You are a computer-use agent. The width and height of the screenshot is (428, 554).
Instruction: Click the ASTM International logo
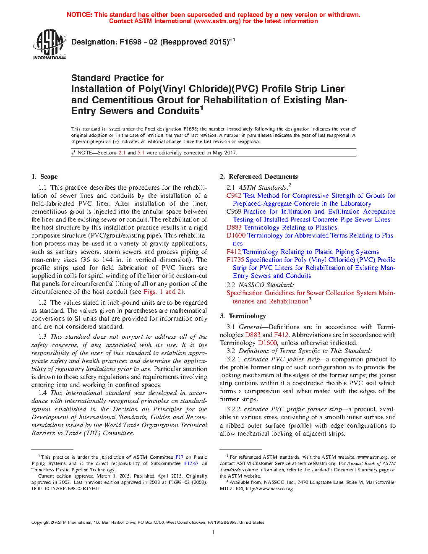(x=49, y=44)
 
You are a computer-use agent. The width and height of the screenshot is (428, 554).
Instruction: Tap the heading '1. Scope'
(x=44, y=177)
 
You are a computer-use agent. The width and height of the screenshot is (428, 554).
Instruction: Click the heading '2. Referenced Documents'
(x=259, y=177)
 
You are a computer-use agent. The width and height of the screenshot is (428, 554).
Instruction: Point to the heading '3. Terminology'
(x=243, y=316)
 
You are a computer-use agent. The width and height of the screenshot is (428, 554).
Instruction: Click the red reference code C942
(x=234, y=196)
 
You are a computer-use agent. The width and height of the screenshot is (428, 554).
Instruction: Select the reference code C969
(x=234, y=212)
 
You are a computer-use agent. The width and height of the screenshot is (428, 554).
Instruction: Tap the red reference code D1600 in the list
(x=236, y=235)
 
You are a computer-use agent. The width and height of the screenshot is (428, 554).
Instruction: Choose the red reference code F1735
(x=235, y=260)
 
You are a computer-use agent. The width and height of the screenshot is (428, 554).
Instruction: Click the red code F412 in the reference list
(x=234, y=252)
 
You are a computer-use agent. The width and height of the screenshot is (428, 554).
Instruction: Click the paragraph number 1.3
(x=42, y=337)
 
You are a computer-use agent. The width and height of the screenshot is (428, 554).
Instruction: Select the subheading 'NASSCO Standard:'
(x=266, y=285)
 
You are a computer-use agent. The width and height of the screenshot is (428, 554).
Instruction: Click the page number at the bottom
(x=214, y=533)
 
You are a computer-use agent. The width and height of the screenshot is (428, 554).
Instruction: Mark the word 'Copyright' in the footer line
(x=41, y=523)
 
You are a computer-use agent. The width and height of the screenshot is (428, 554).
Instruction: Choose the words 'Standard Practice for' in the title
(x=117, y=78)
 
